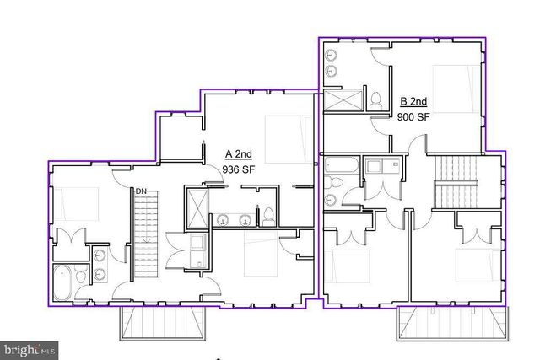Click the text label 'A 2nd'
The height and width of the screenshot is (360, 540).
pos(239,154)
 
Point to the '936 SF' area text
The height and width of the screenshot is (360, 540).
pos(239,169)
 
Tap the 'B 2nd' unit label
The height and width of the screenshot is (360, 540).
pos(413,102)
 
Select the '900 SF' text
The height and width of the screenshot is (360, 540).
pos(413,117)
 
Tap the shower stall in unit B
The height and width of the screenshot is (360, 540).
pos(343,99)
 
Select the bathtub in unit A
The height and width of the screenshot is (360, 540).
pos(63,283)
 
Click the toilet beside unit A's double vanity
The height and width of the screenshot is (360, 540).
pos(267,217)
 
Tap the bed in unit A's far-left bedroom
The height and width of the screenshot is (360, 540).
pos(78,203)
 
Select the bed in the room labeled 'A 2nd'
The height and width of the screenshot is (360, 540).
pos(282,133)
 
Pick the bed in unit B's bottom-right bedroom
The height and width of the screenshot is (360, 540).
pos(473,265)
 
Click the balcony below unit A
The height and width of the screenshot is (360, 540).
pos(164,323)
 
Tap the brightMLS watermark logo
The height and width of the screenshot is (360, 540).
pos(30,347)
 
